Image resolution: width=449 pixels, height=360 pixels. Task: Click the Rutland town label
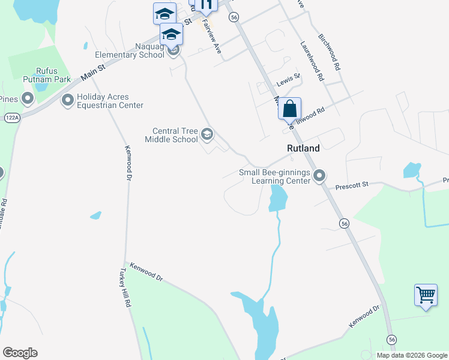click(x=303, y=148)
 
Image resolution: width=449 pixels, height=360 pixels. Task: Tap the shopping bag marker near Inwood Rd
click(x=289, y=110)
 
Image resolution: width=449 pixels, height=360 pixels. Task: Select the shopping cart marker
click(x=426, y=296)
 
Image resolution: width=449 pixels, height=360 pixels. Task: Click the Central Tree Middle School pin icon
click(x=207, y=134)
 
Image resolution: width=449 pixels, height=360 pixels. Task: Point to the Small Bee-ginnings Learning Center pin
click(x=319, y=176)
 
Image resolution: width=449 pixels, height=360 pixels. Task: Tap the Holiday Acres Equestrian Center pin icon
click(x=67, y=100)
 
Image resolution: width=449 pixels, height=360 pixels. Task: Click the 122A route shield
click(x=11, y=118)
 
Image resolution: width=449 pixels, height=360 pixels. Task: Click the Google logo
click(x=20, y=353)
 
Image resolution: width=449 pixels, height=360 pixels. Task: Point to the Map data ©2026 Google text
click(x=411, y=355)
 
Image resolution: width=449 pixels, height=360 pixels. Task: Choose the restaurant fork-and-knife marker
click(x=206, y=5)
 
